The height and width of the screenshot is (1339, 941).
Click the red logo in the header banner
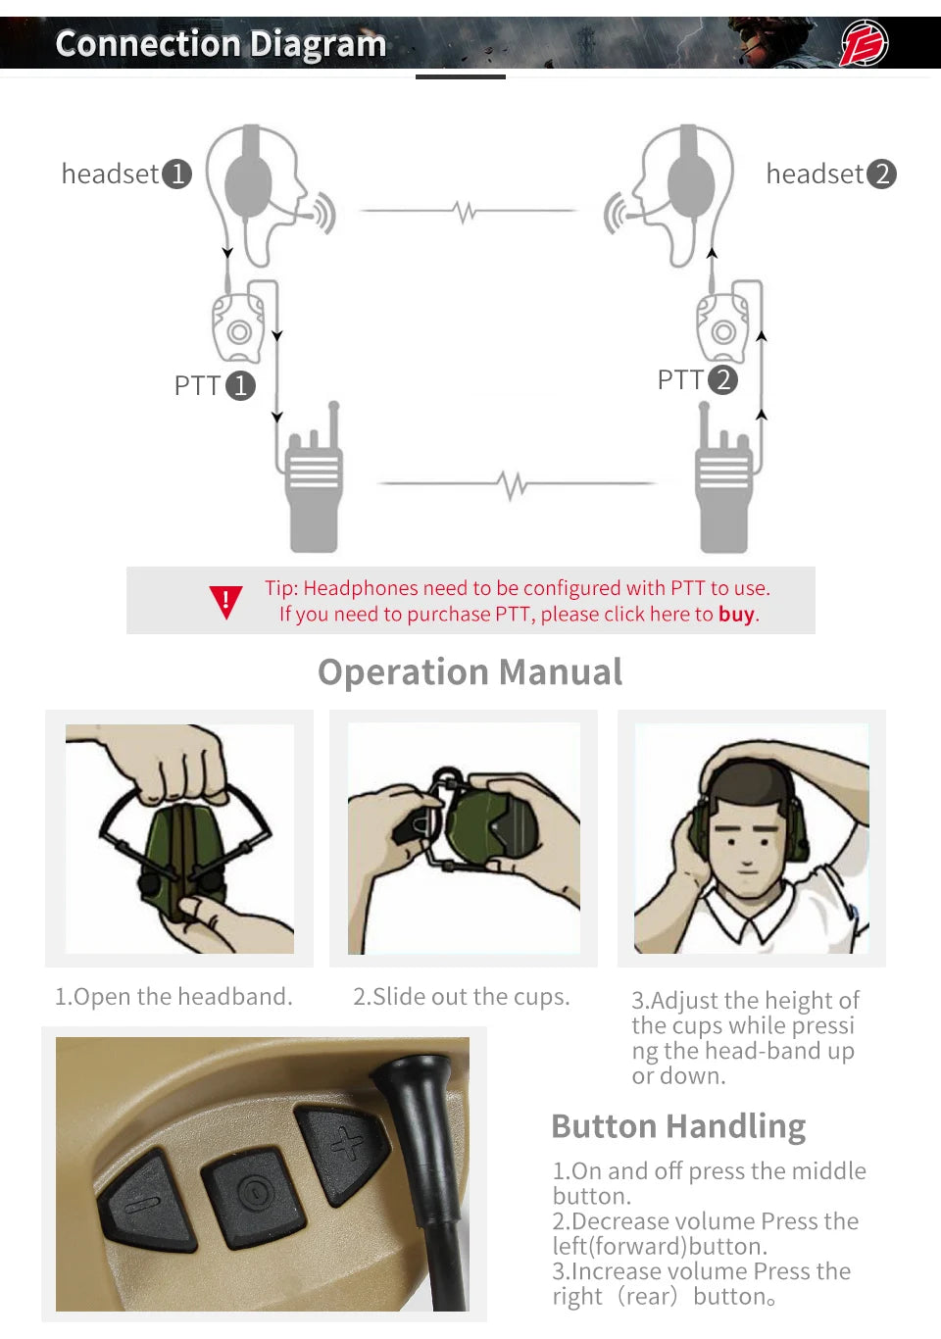[x=864, y=42]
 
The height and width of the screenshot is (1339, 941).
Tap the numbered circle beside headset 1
[x=177, y=174]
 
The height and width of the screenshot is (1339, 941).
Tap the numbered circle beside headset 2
[x=882, y=174]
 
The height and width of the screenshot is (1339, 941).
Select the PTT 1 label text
[x=198, y=385]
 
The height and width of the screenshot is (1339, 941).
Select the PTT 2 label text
[x=681, y=379]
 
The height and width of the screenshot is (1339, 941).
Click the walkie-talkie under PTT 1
[x=314, y=477]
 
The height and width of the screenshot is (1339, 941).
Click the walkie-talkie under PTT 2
[x=722, y=477]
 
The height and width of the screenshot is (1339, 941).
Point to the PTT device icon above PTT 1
[x=238, y=328]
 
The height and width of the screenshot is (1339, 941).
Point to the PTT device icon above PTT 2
[x=722, y=328]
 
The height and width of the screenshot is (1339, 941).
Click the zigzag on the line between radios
[x=513, y=484]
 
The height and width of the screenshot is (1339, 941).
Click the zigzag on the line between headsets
[x=466, y=212]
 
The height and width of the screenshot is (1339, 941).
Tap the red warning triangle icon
[x=226, y=602]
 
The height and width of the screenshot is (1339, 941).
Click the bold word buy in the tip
[x=736, y=615]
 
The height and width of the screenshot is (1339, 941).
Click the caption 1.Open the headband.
[x=173, y=997]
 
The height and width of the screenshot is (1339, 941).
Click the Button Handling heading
[x=678, y=1127]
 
